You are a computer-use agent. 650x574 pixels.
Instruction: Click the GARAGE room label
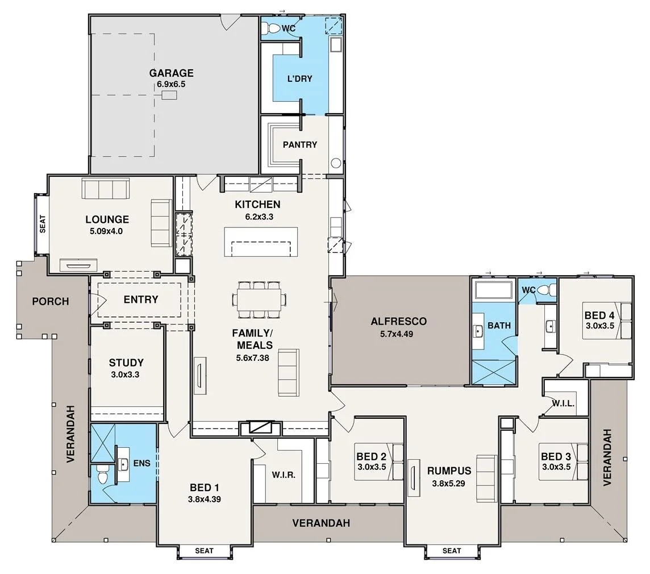point(171,73)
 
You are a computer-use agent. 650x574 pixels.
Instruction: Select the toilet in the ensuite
point(103,475)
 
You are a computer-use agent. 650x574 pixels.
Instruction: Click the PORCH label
point(50,301)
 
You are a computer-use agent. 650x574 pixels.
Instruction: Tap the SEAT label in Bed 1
point(204,550)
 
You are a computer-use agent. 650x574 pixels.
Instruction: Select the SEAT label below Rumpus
point(451,550)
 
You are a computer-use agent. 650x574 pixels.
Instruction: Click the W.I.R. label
point(283,475)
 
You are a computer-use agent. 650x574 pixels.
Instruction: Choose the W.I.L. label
point(563,404)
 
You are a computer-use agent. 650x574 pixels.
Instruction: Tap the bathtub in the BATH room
point(494,290)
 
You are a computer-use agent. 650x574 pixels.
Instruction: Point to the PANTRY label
point(299,144)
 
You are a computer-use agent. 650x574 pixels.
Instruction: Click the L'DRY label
point(299,78)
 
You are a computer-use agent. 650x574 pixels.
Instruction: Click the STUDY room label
point(126,363)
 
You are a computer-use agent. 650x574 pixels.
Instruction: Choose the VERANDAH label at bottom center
point(321,523)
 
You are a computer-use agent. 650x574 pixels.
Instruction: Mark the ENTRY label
point(140,300)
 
